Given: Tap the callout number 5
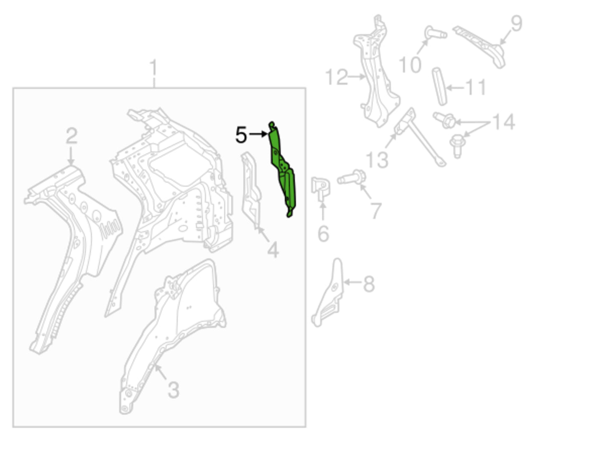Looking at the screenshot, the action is pyautogui.click(x=241, y=134).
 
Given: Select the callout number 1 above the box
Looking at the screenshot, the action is pyautogui.click(x=154, y=68).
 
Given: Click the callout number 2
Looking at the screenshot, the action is pyautogui.click(x=71, y=136).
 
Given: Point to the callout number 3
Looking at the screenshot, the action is pyautogui.click(x=173, y=390).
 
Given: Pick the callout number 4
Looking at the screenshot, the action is pyautogui.click(x=273, y=250).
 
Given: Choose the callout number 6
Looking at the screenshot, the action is pyautogui.click(x=323, y=233).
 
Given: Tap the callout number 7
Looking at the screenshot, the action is pyautogui.click(x=376, y=210).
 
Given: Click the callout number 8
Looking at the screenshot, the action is pyautogui.click(x=369, y=284).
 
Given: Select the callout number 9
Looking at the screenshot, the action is pyautogui.click(x=516, y=23).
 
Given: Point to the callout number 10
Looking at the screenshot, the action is pyautogui.click(x=410, y=64).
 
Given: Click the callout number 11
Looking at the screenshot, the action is pyautogui.click(x=476, y=87).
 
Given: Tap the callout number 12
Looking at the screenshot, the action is pyautogui.click(x=337, y=77).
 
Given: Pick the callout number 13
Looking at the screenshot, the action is pyautogui.click(x=377, y=160).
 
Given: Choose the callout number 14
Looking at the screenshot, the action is pyautogui.click(x=504, y=122).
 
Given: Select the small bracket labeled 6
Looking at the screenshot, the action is pyautogui.click(x=321, y=189).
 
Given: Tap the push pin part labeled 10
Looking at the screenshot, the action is pyautogui.click(x=436, y=33).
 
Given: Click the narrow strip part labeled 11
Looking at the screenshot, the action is pyautogui.click(x=439, y=86).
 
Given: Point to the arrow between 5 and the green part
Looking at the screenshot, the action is pyautogui.click(x=258, y=134).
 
